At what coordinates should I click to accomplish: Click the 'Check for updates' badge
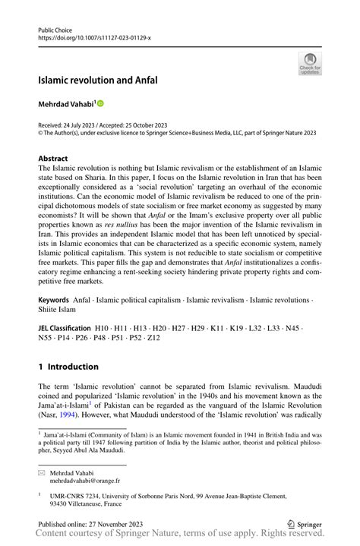(310, 64)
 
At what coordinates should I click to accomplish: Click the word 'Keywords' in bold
(57, 311)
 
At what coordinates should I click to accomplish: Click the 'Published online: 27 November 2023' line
(90, 524)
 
